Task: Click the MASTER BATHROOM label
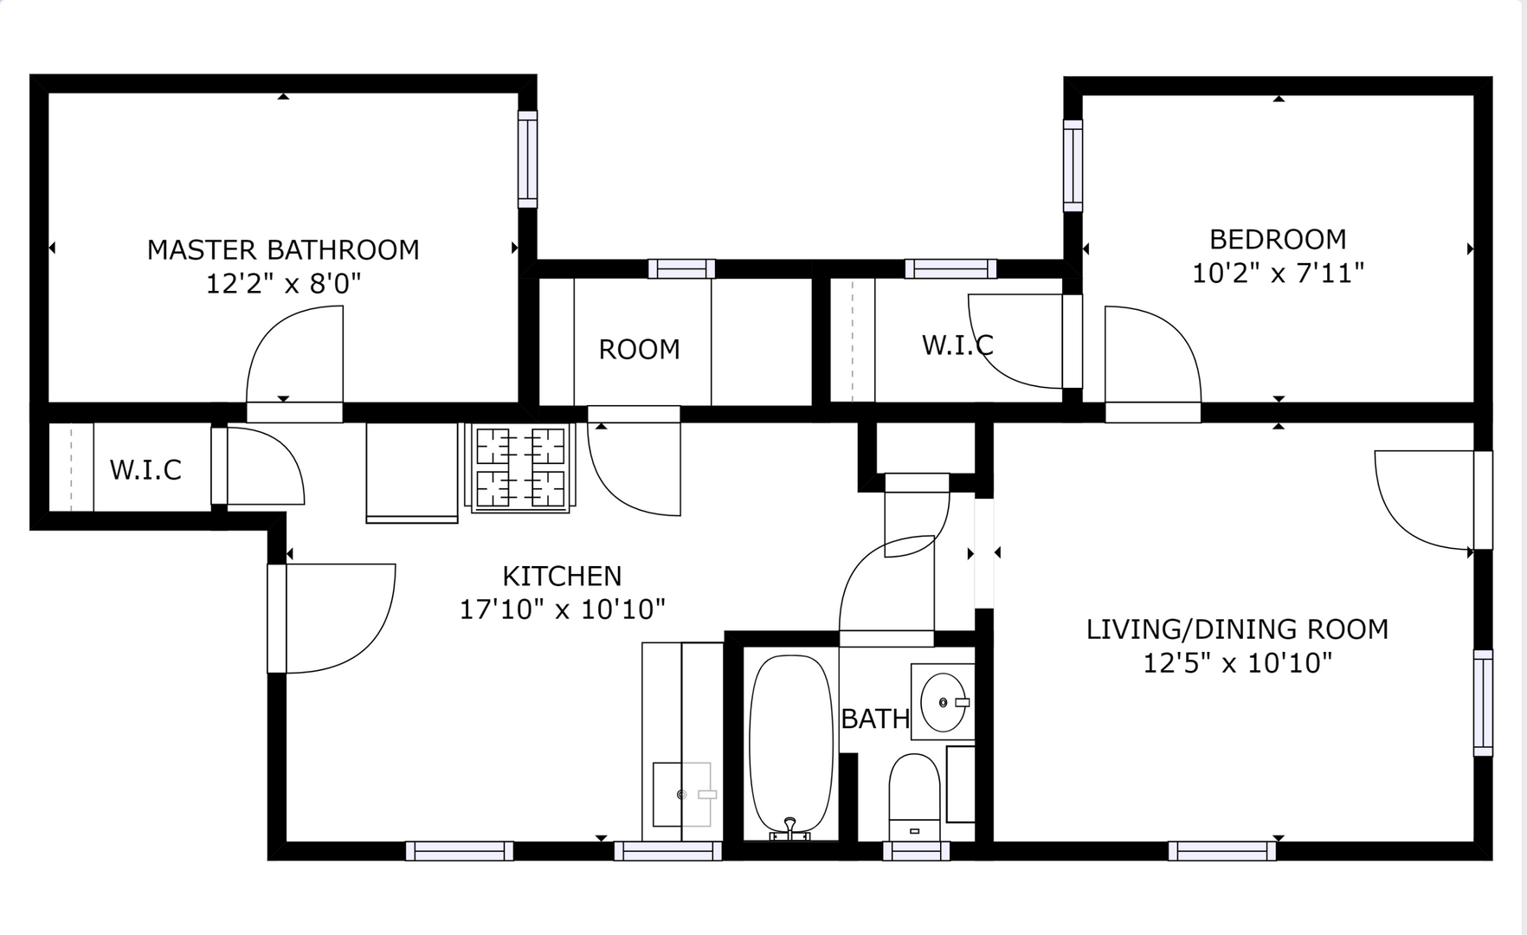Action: point(283,250)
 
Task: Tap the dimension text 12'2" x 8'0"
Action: point(283,283)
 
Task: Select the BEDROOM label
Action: point(1278,239)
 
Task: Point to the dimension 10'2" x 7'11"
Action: point(1278,273)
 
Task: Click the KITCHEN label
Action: point(562,577)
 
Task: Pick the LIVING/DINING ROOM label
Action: point(1237,629)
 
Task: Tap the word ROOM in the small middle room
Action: point(640,350)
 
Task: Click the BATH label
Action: point(875,719)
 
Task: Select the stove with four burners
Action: point(520,467)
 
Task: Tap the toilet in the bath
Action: point(914,796)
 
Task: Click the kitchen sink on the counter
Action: point(682,794)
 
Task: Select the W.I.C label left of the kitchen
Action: point(145,470)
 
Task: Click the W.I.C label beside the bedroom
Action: point(957,345)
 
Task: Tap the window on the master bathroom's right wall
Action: point(527,159)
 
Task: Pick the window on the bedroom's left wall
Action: point(1073,165)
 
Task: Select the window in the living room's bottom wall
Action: point(1221,851)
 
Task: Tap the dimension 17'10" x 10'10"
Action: point(562,609)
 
